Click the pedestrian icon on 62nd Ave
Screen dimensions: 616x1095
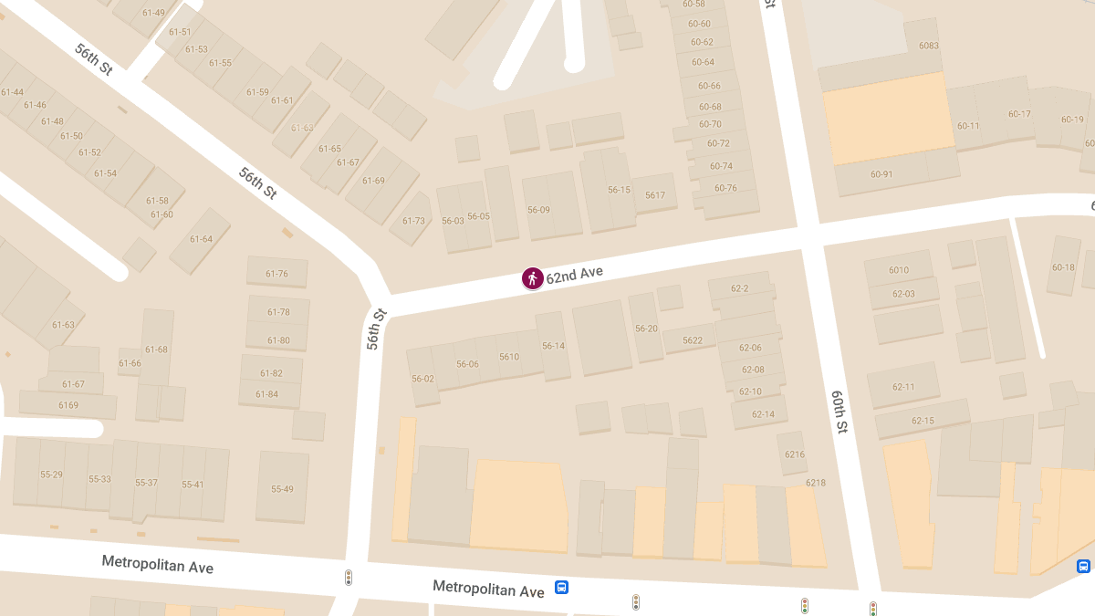(x=533, y=278)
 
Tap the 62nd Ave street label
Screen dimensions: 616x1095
(x=574, y=274)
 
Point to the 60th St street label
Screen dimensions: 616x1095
(x=839, y=412)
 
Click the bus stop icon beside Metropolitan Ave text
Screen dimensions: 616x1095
(x=562, y=588)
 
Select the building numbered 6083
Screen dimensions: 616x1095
(x=929, y=46)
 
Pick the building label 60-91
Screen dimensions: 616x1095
(x=881, y=174)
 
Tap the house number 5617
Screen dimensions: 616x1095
(x=655, y=195)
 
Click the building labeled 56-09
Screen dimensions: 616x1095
(x=538, y=210)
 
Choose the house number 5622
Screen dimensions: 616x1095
(x=693, y=340)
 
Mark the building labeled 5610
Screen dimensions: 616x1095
(x=509, y=357)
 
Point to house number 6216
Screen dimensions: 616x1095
(x=795, y=454)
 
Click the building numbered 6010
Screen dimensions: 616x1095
(x=899, y=270)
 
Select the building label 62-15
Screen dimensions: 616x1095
(x=923, y=421)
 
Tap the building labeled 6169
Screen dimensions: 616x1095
(x=68, y=405)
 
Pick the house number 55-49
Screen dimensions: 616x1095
(x=282, y=489)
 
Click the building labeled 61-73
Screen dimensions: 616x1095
(x=414, y=221)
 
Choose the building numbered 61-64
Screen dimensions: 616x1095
(x=201, y=239)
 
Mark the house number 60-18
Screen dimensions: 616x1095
(x=1063, y=267)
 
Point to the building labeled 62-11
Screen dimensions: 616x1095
(x=903, y=387)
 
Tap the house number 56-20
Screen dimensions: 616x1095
(x=646, y=329)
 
